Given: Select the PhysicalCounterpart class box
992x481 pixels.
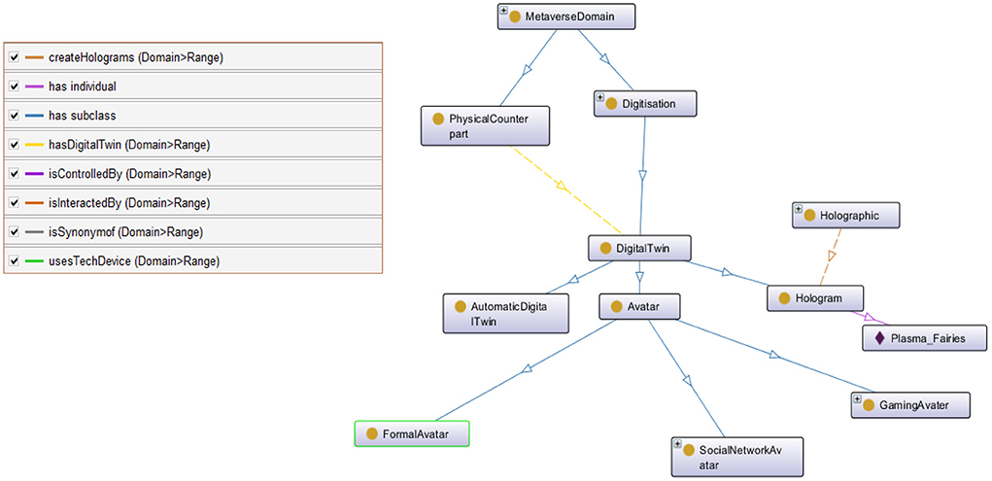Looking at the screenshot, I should [486, 125].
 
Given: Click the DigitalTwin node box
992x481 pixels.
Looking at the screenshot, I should [640, 249].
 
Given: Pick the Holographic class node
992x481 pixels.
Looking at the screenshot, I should [847, 216].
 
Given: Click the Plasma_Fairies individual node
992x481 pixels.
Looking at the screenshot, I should [925, 338].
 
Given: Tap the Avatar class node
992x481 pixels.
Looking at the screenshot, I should [638, 307].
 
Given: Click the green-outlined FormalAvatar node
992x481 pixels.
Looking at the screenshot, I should [412, 434].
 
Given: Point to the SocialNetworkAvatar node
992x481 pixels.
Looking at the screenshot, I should [736, 457].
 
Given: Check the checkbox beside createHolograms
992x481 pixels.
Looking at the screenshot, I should [15, 57].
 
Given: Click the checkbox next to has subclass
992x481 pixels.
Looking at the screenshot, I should [15, 116].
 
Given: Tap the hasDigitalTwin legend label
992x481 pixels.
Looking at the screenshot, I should [129, 145].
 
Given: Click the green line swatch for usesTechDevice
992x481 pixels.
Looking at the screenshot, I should [33, 261].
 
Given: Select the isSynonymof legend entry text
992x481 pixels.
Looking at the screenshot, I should [126, 232].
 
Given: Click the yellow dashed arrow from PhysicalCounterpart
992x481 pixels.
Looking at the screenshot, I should [562, 185].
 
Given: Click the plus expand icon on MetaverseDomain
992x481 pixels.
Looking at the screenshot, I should [503, 12].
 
